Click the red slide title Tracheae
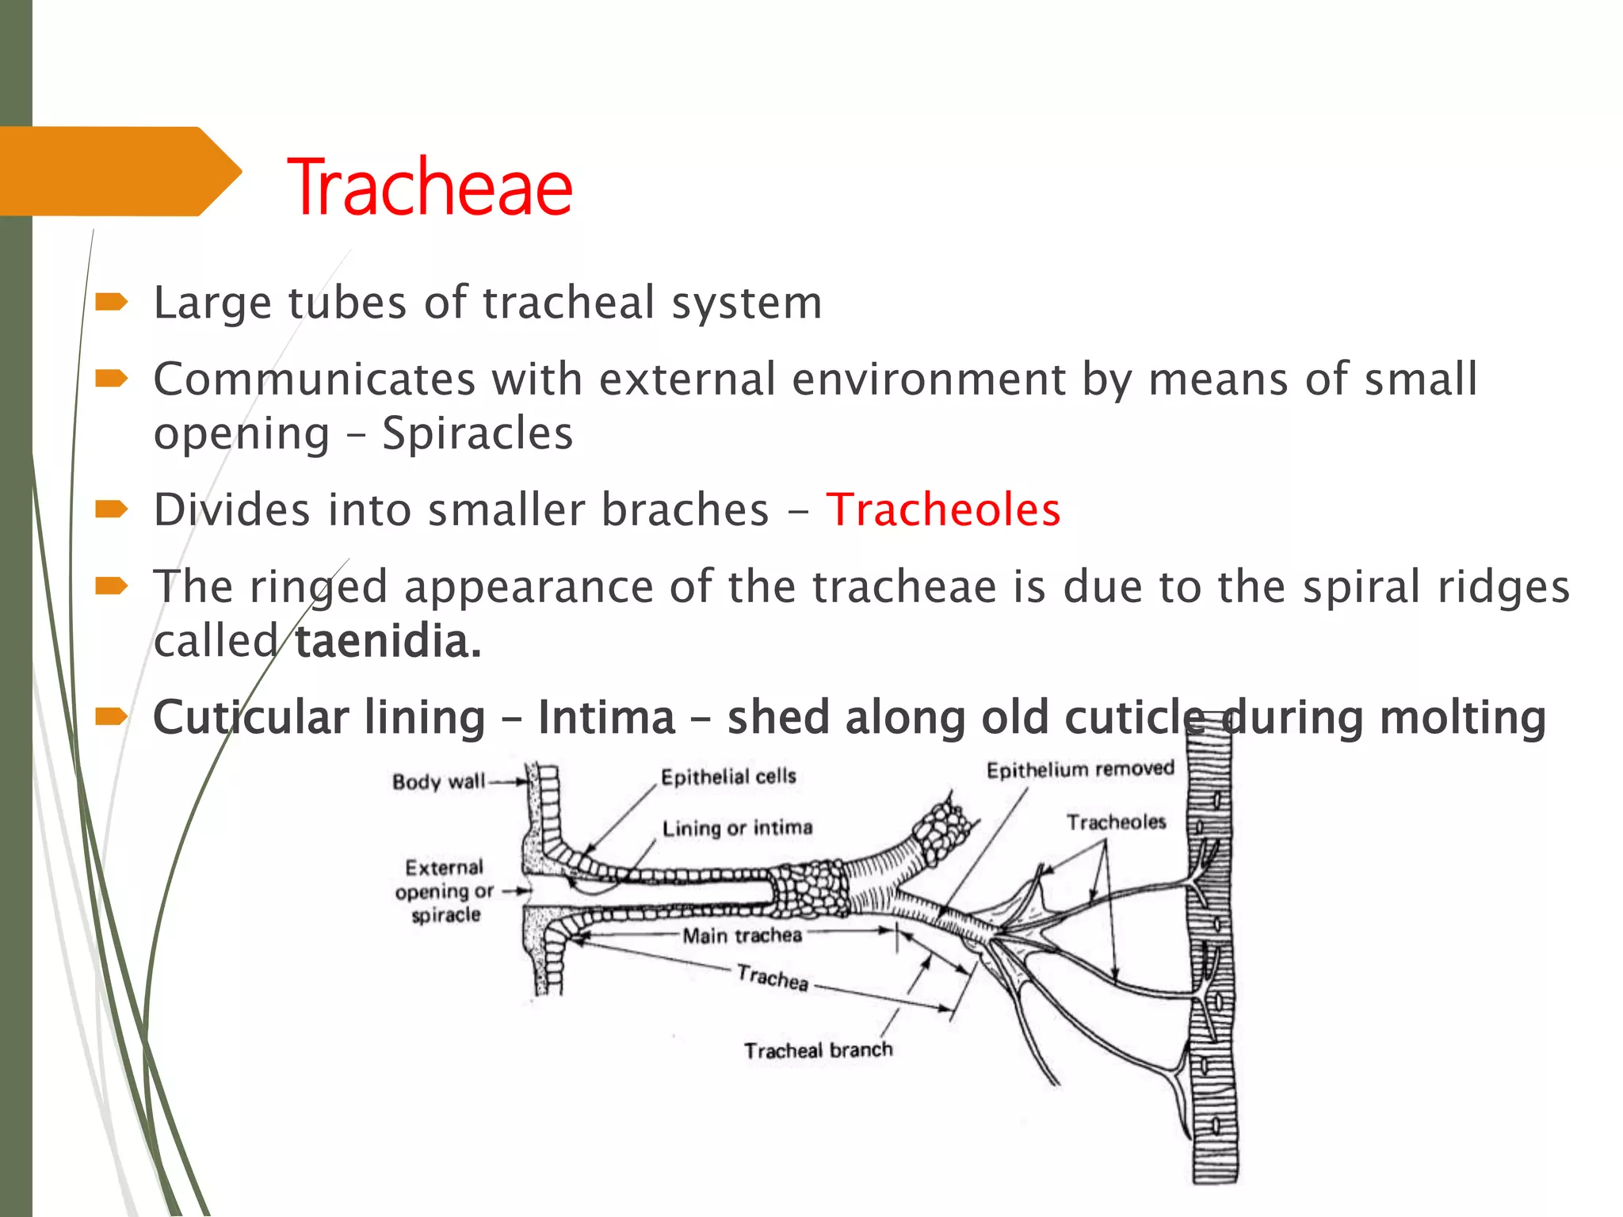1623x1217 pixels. click(x=430, y=188)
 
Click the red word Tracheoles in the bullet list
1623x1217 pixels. click(x=942, y=509)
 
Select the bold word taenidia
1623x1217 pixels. click(x=388, y=641)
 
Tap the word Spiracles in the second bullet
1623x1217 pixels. click(x=477, y=433)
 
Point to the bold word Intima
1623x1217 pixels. click(x=606, y=718)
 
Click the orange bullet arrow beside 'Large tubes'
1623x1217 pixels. click(x=111, y=302)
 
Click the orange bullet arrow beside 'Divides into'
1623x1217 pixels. click(x=111, y=509)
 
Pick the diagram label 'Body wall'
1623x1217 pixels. click(x=438, y=782)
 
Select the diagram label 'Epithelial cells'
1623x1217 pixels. click(x=728, y=776)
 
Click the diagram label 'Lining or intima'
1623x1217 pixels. click(x=737, y=828)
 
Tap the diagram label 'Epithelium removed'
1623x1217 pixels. click(x=1080, y=769)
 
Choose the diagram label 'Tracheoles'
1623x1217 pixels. click(x=1116, y=822)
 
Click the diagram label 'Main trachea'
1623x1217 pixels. click(x=743, y=936)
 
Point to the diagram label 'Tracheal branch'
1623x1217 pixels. click(x=818, y=1051)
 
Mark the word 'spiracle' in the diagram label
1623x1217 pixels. click(x=446, y=915)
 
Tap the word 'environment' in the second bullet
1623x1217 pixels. click(x=928, y=379)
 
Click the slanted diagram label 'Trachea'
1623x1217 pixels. click(x=773, y=978)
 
